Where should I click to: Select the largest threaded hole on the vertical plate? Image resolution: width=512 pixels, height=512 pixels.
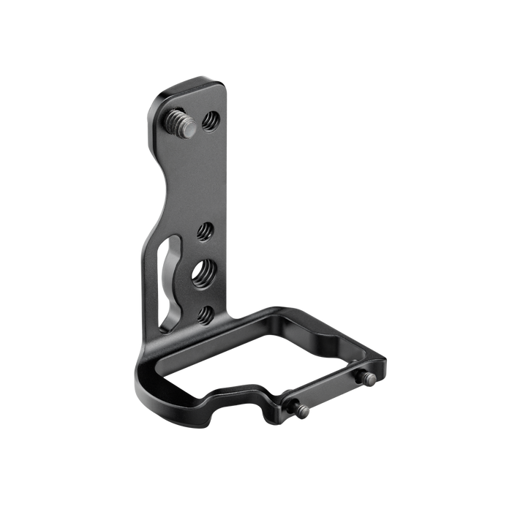pos(201,274)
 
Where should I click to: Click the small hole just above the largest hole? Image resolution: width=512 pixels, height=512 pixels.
pos(206,233)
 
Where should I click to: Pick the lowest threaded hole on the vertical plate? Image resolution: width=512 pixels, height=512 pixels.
pos(206,313)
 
